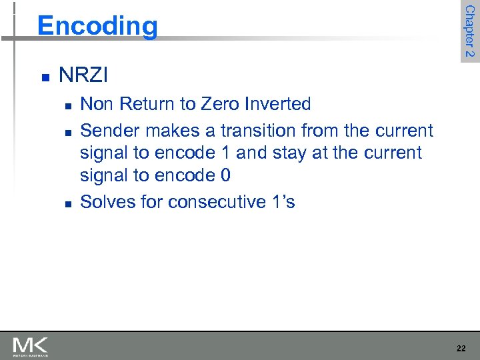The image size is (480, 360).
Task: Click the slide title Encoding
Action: click(x=97, y=26)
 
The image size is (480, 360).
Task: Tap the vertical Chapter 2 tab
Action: click(x=469, y=31)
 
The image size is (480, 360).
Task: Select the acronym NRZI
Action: click(x=83, y=75)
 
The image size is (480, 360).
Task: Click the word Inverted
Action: click(x=277, y=104)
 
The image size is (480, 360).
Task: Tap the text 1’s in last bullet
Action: click(x=281, y=201)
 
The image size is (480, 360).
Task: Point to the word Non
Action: click(x=96, y=104)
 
